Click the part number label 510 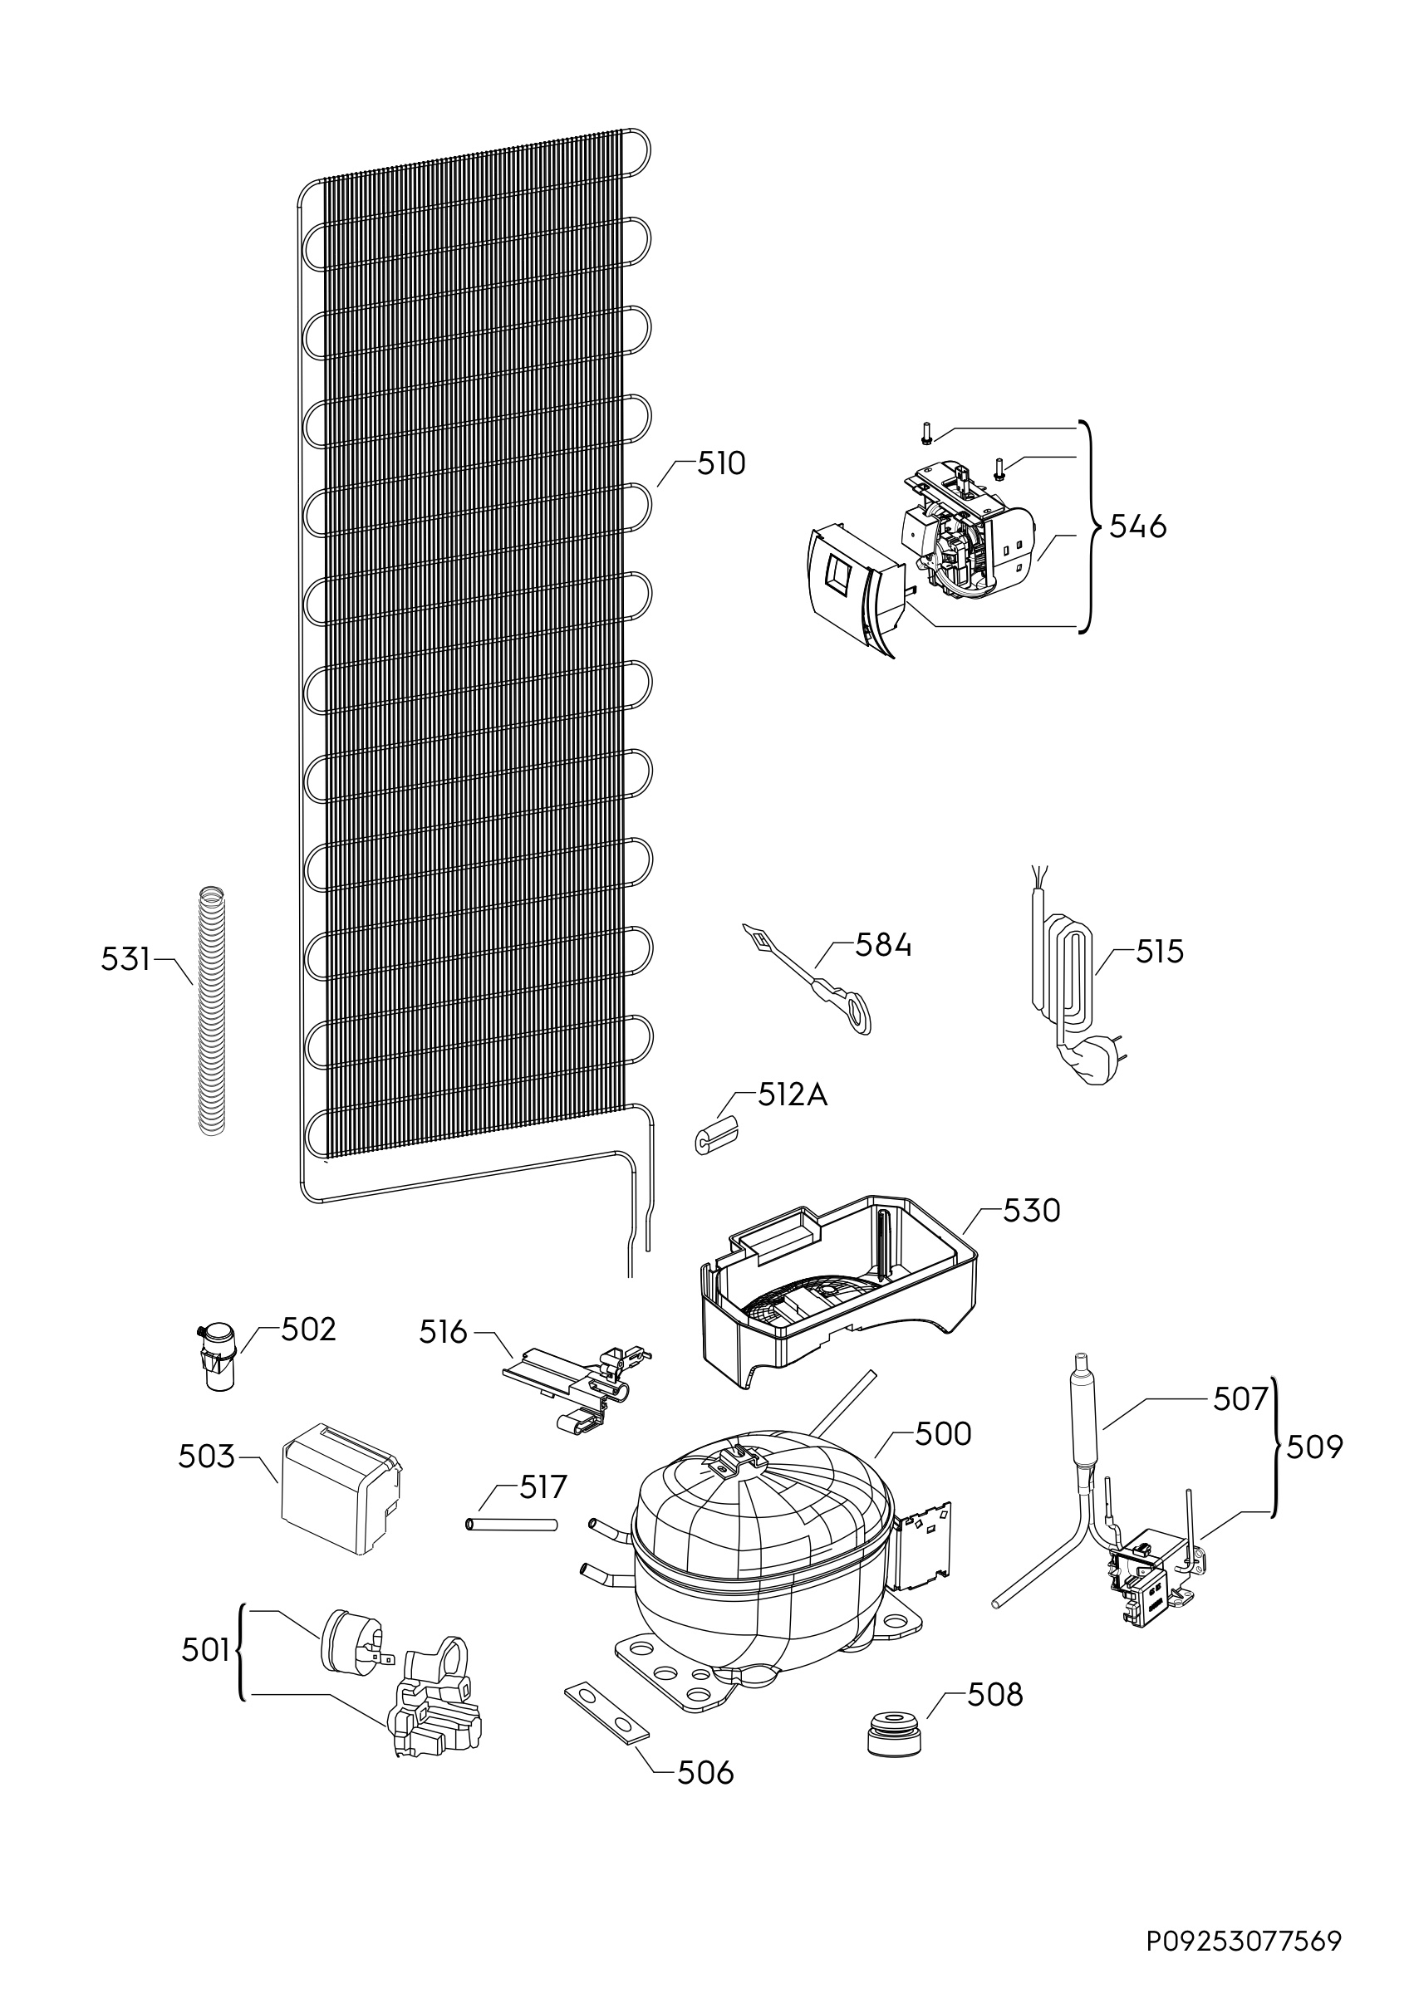click(721, 464)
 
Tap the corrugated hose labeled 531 click(211, 1011)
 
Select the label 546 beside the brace click(1138, 526)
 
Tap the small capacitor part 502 click(216, 1361)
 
